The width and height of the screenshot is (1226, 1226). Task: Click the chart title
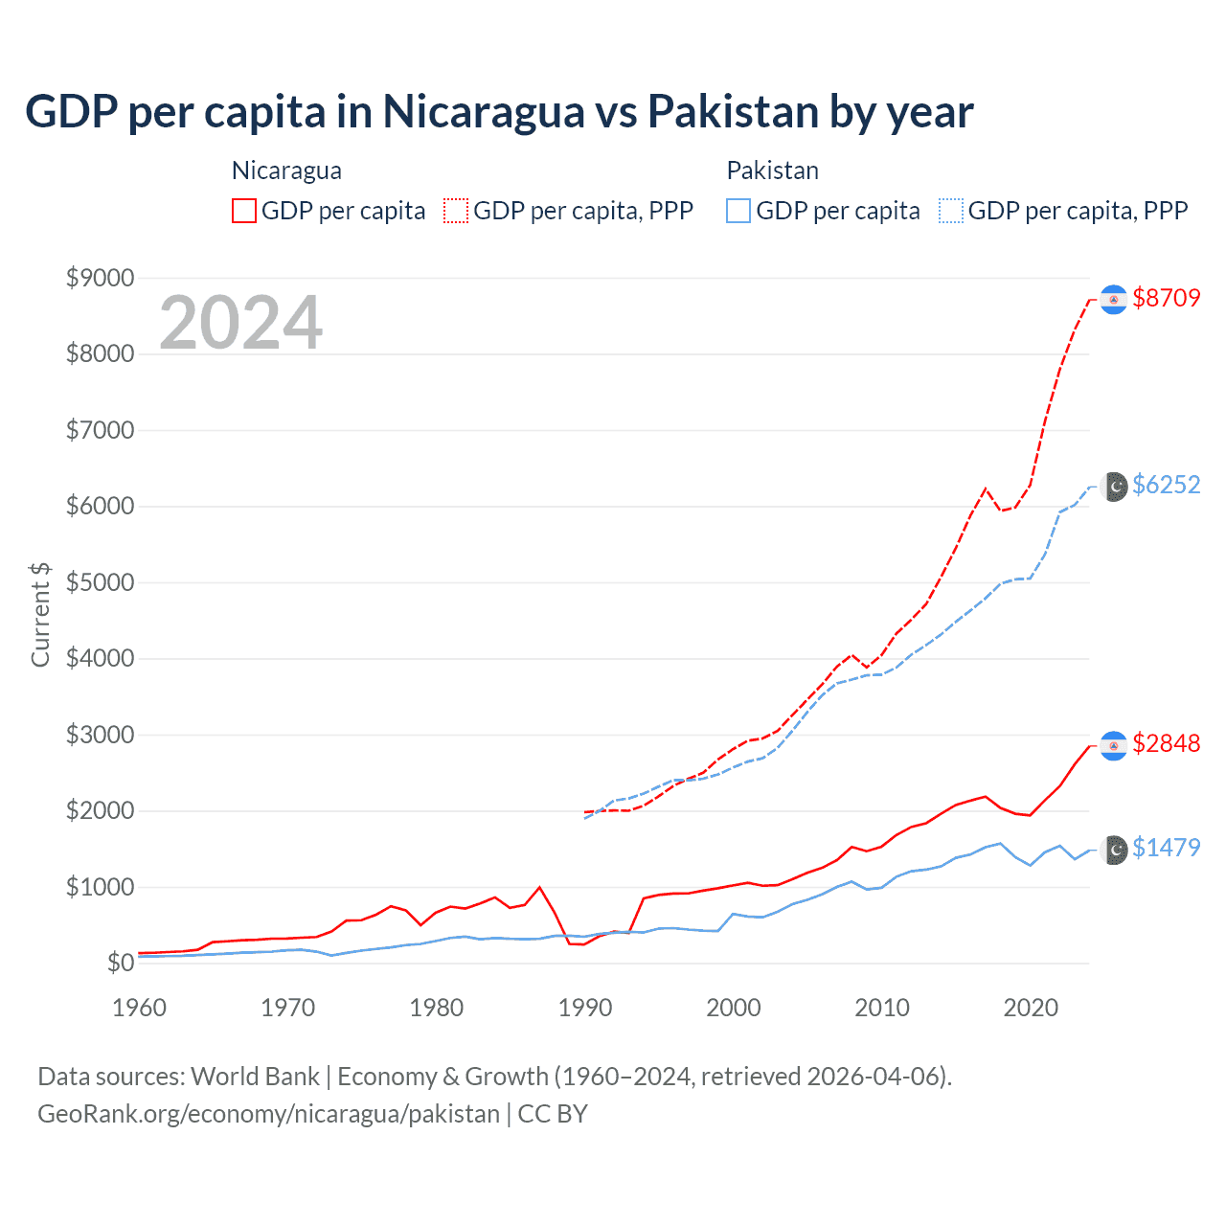point(499,112)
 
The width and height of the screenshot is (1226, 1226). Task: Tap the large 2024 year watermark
point(241,323)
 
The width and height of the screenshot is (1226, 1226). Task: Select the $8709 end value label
point(1166,298)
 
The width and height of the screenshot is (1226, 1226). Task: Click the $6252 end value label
point(1166,485)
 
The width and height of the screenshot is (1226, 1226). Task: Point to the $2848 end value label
point(1166,743)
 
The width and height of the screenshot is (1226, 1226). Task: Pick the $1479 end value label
point(1166,848)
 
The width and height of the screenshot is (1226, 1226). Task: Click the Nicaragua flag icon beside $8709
point(1113,300)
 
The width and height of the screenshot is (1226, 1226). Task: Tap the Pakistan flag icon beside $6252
point(1113,487)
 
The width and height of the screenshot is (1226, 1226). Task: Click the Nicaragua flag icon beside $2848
point(1113,745)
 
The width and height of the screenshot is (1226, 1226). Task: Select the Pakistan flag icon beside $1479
point(1113,850)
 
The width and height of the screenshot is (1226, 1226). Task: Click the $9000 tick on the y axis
point(100,278)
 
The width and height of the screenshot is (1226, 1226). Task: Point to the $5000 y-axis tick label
point(100,582)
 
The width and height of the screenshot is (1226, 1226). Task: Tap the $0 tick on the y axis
point(120,963)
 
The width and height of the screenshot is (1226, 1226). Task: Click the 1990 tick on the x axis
point(585,1008)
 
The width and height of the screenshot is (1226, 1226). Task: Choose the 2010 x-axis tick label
point(882,1008)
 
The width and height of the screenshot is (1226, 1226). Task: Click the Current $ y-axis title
point(40,615)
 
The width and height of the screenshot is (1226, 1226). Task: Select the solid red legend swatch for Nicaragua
point(244,211)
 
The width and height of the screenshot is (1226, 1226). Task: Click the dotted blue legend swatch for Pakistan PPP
point(951,211)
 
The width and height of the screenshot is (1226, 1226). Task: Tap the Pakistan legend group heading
point(772,170)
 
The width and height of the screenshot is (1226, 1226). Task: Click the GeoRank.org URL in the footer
point(268,1114)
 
